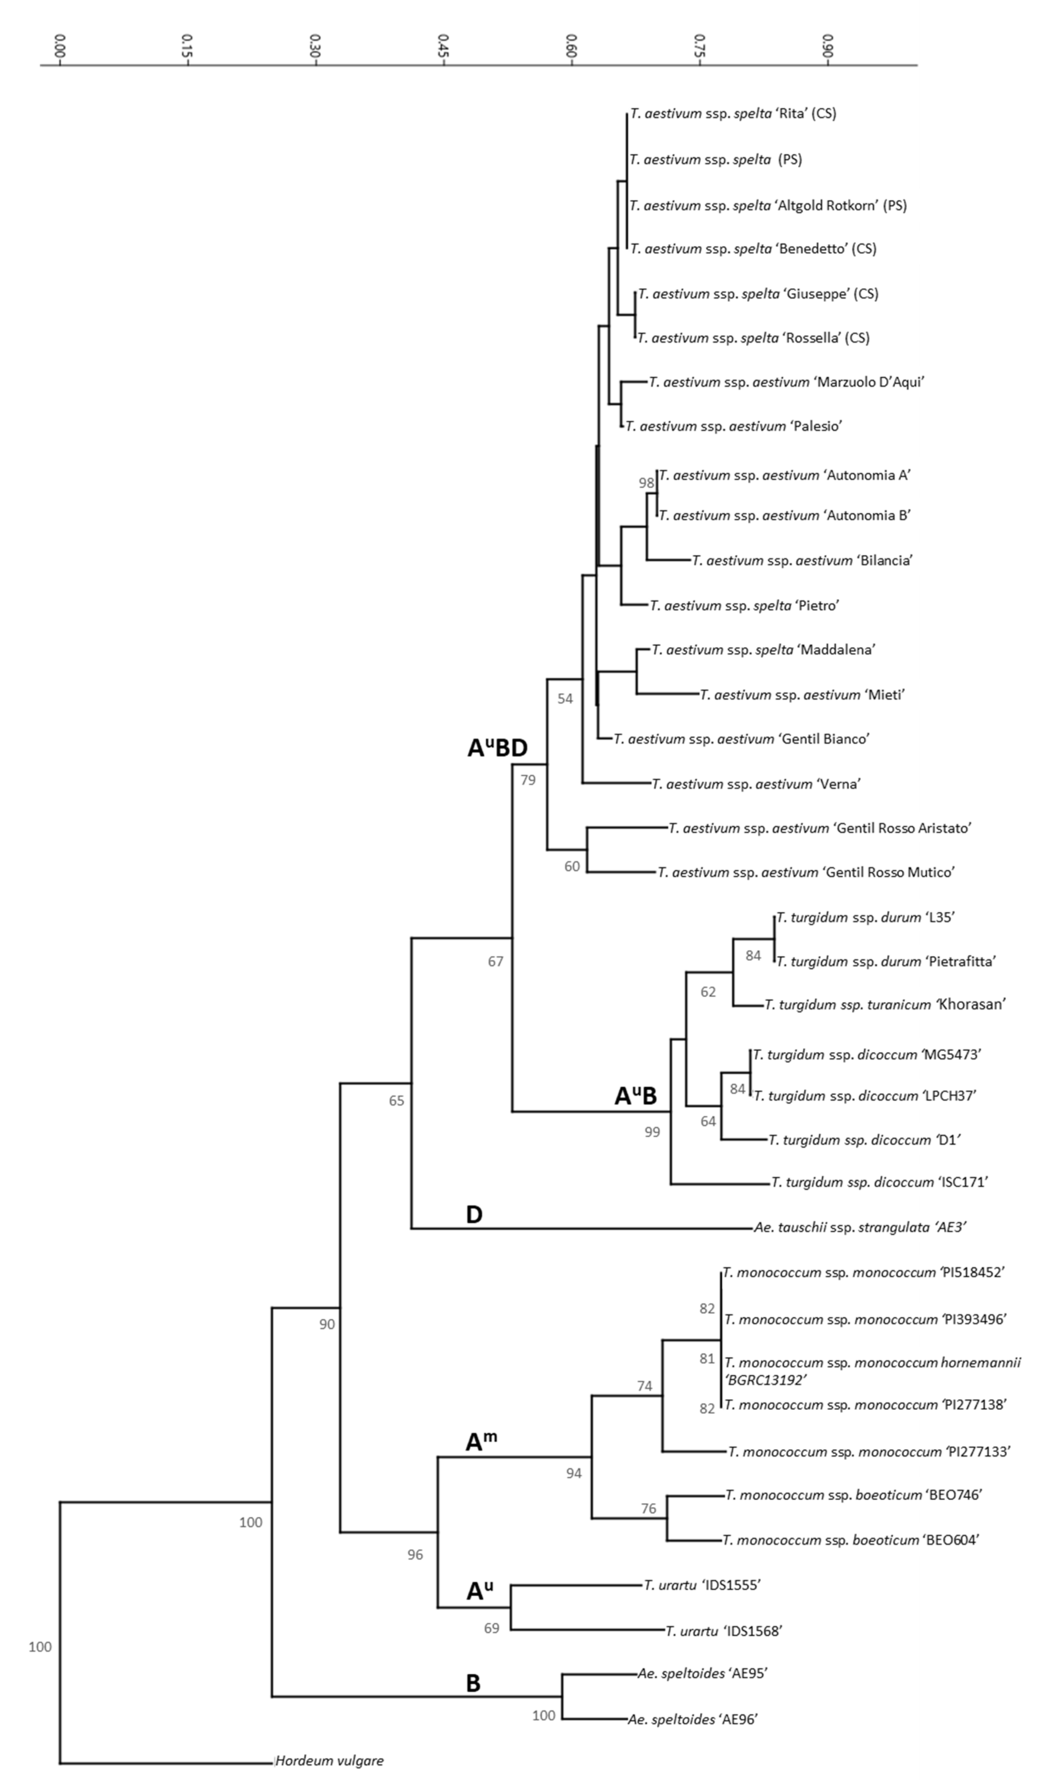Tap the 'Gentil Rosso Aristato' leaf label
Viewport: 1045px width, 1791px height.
(x=820, y=828)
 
